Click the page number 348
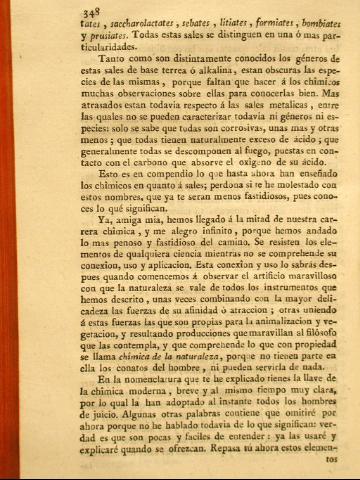pos(41,11)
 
